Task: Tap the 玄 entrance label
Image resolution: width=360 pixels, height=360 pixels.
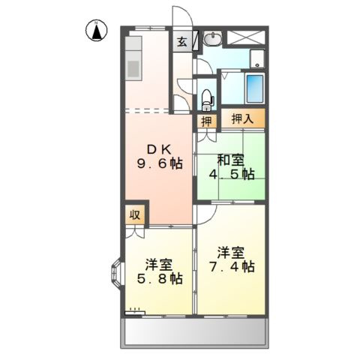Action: (182, 42)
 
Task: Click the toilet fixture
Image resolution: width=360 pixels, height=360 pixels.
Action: (207, 98)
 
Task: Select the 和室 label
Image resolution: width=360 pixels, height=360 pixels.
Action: (230, 159)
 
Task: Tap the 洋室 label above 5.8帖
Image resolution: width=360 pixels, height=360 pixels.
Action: (160, 263)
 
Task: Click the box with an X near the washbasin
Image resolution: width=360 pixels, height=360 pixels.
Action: (245, 37)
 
